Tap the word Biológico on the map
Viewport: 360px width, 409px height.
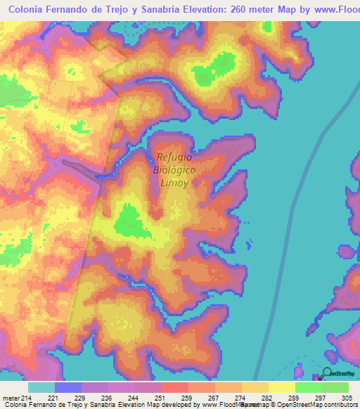pyautogui.click(x=174, y=170)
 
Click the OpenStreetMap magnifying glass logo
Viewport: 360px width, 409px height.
pyautogui.click(x=327, y=373)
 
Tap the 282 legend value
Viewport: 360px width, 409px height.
pyautogui.click(x=268, y=398)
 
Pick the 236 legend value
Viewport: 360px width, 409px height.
pyautogui.click(x=108, y=398)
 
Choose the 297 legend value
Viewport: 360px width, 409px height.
pyautogui.click(x=321, y=398)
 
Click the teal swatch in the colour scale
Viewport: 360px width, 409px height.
pyautogui.click(x=41, y=387)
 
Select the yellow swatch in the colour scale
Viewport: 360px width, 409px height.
pyautogui.click(x=281, y=387)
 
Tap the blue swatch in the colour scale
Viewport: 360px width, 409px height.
pyautogui.click(x=68, y=387)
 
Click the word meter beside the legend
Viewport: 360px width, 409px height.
pyautogui.click(x=10, y=398)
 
